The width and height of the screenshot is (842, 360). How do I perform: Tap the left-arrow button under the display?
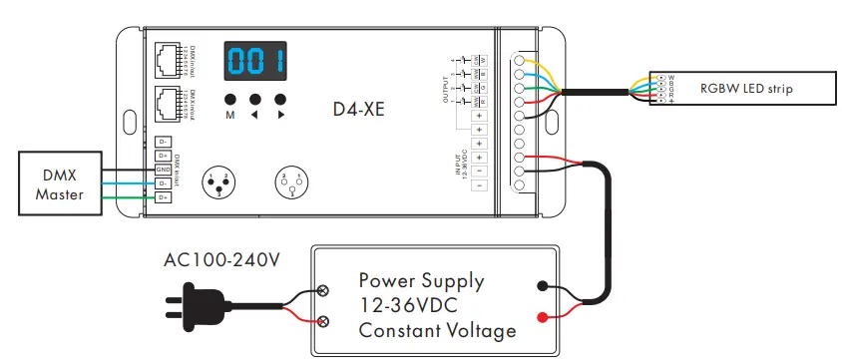(254, 100)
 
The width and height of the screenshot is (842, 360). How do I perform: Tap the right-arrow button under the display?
(280, 100)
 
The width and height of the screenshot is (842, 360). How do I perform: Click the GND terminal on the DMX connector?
(163, 170)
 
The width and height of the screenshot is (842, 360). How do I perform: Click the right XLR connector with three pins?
(290, 182)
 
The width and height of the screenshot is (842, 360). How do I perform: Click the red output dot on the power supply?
(541, 317)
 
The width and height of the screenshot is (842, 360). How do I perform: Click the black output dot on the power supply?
(541, 285)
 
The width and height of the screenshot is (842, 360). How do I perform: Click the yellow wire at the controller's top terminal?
(539, 65)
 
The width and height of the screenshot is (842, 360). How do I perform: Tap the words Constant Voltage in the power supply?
(438, 330)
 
